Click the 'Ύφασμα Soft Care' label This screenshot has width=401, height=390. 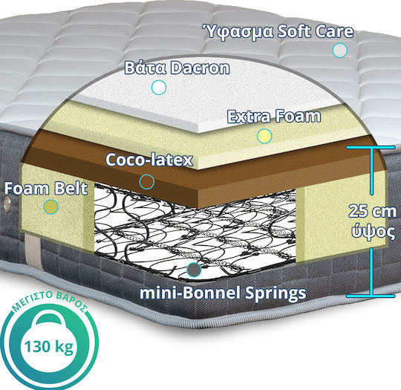tap(278, 32)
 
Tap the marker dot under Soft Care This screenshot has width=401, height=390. tap(340, 51)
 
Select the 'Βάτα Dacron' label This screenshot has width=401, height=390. tap(177, 68)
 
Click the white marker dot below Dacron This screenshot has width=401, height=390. tap(159, 87)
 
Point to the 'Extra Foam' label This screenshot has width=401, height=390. tap(274, 117)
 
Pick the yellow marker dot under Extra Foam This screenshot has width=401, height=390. tap(264, 136)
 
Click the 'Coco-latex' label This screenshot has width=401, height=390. tap(149, 160)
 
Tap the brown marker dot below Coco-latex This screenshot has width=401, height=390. tap(147, 182)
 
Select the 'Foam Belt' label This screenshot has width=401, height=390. tap(46, 189)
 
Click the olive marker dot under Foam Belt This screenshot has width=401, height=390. tap(50, 207)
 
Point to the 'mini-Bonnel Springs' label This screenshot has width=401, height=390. tap(223, 293)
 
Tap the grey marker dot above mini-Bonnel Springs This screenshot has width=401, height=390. tap(194, 270)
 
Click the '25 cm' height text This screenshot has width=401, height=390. tap(372, 211)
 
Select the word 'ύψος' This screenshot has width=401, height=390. tap(374, 232)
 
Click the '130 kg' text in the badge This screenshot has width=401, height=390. tap(49, 347)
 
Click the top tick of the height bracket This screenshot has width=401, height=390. tap(371, 147)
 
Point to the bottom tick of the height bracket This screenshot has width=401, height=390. tap(371, 296)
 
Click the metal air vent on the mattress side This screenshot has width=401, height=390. tap(6, 204)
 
